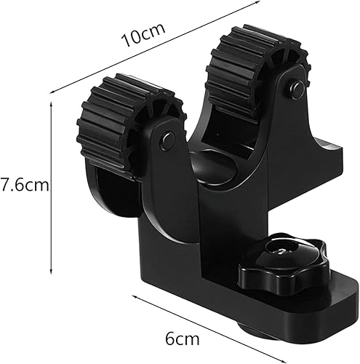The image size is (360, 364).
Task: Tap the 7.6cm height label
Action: point(25,185)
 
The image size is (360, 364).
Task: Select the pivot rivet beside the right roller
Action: point(296,89)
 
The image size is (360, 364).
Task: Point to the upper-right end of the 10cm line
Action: point(258,3)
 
